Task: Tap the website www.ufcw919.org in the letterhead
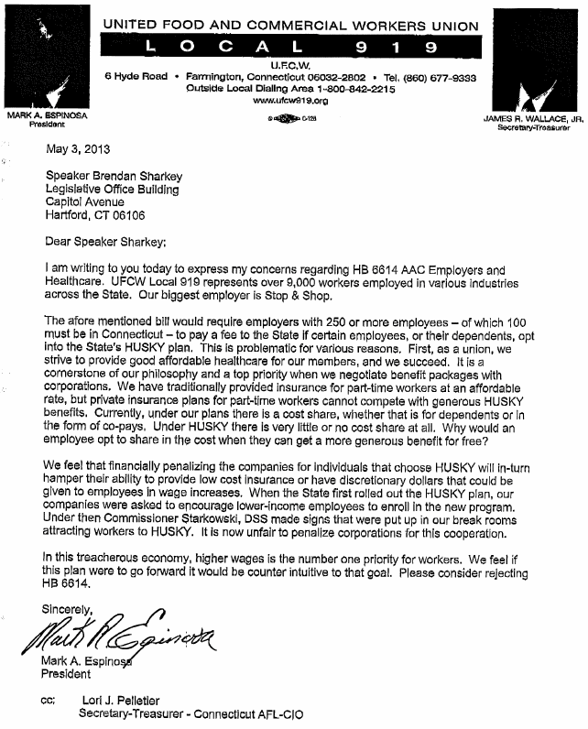(x=289, y=102)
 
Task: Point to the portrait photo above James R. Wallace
(x=532, y=57)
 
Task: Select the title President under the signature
(x=68, y=675)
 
